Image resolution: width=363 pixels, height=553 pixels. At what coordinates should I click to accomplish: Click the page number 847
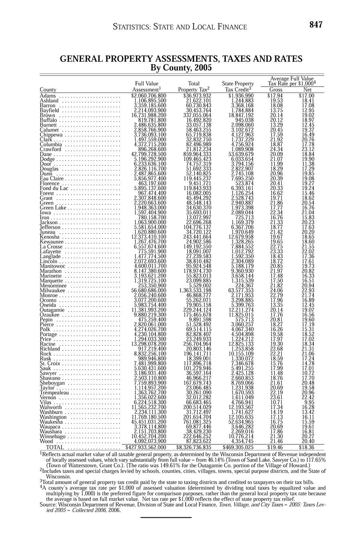[316, 25]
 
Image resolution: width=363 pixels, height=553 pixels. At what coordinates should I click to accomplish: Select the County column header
[48, 90]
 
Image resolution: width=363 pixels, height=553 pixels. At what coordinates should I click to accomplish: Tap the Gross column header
[275, 90]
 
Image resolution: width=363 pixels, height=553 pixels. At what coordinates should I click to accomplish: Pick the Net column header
[307, 90]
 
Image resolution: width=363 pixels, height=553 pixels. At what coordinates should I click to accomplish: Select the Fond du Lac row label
[55, 188]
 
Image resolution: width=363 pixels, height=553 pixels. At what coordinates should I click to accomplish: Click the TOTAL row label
[55, 447]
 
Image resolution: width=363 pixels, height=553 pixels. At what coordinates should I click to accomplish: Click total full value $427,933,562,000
[146, 447]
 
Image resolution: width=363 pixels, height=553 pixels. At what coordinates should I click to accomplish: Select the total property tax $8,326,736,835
[194, 447]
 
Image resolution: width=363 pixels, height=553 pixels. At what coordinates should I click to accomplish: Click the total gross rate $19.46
[275, 447]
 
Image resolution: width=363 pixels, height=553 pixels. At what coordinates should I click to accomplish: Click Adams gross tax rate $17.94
[275, 96]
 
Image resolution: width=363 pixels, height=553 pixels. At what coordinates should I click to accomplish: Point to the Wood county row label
[46, 441]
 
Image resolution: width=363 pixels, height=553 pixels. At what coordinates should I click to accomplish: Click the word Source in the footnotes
[48, 505]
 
